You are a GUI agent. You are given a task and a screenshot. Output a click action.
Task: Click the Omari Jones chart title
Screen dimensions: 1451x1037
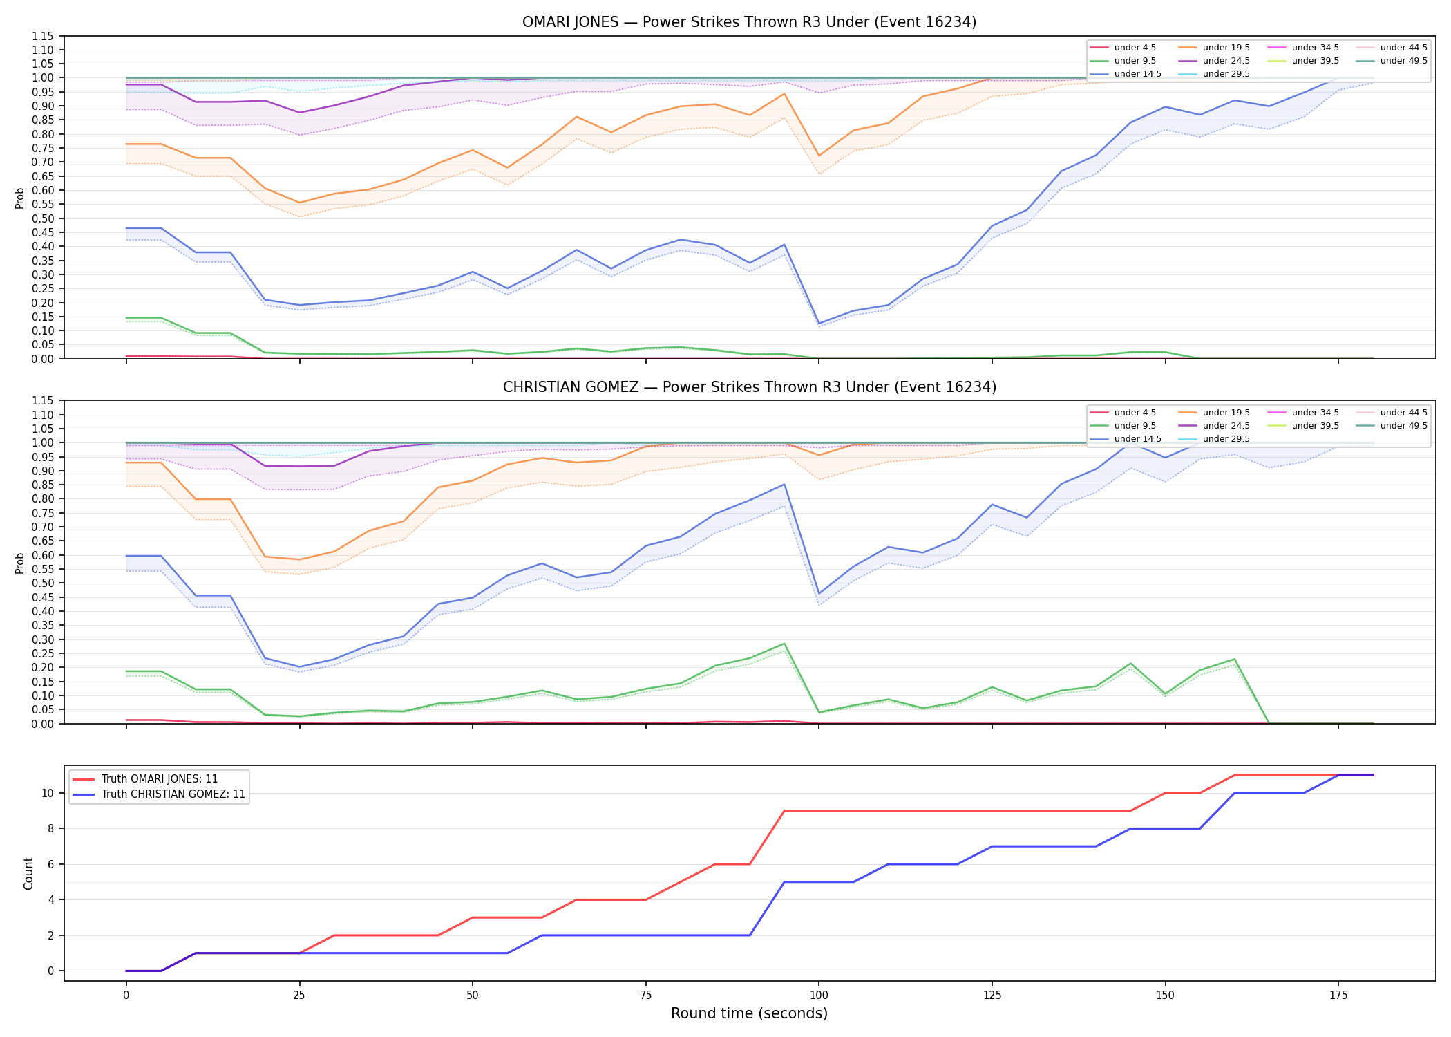(x=749, y=22)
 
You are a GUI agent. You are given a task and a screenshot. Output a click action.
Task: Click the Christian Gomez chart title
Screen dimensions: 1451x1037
(x=749, y=387)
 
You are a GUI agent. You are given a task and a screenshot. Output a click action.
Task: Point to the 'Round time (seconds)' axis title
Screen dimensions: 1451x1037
(x=749, y=1013)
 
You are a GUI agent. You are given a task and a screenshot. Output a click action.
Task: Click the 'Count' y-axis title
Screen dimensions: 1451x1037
(x=28, y=873)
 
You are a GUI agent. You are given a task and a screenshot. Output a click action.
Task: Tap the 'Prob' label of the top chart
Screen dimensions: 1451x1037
(x=20, y=198)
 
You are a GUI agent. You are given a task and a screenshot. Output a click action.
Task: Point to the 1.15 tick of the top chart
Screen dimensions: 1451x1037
(x=44, y=36)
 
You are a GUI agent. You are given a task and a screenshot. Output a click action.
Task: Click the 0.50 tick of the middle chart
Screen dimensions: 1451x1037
(x=44, y=583)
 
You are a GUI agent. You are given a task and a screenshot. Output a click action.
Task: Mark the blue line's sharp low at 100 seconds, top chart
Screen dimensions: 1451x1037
(x=819, y=324)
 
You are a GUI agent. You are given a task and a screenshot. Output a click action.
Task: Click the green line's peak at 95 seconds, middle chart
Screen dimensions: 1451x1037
(x=784, y=644)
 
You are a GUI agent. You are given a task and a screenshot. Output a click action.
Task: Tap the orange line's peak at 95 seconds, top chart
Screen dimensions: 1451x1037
(x=784, y=93)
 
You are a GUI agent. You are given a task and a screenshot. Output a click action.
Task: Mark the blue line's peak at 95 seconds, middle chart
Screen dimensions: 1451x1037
(x=784, y=484)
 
